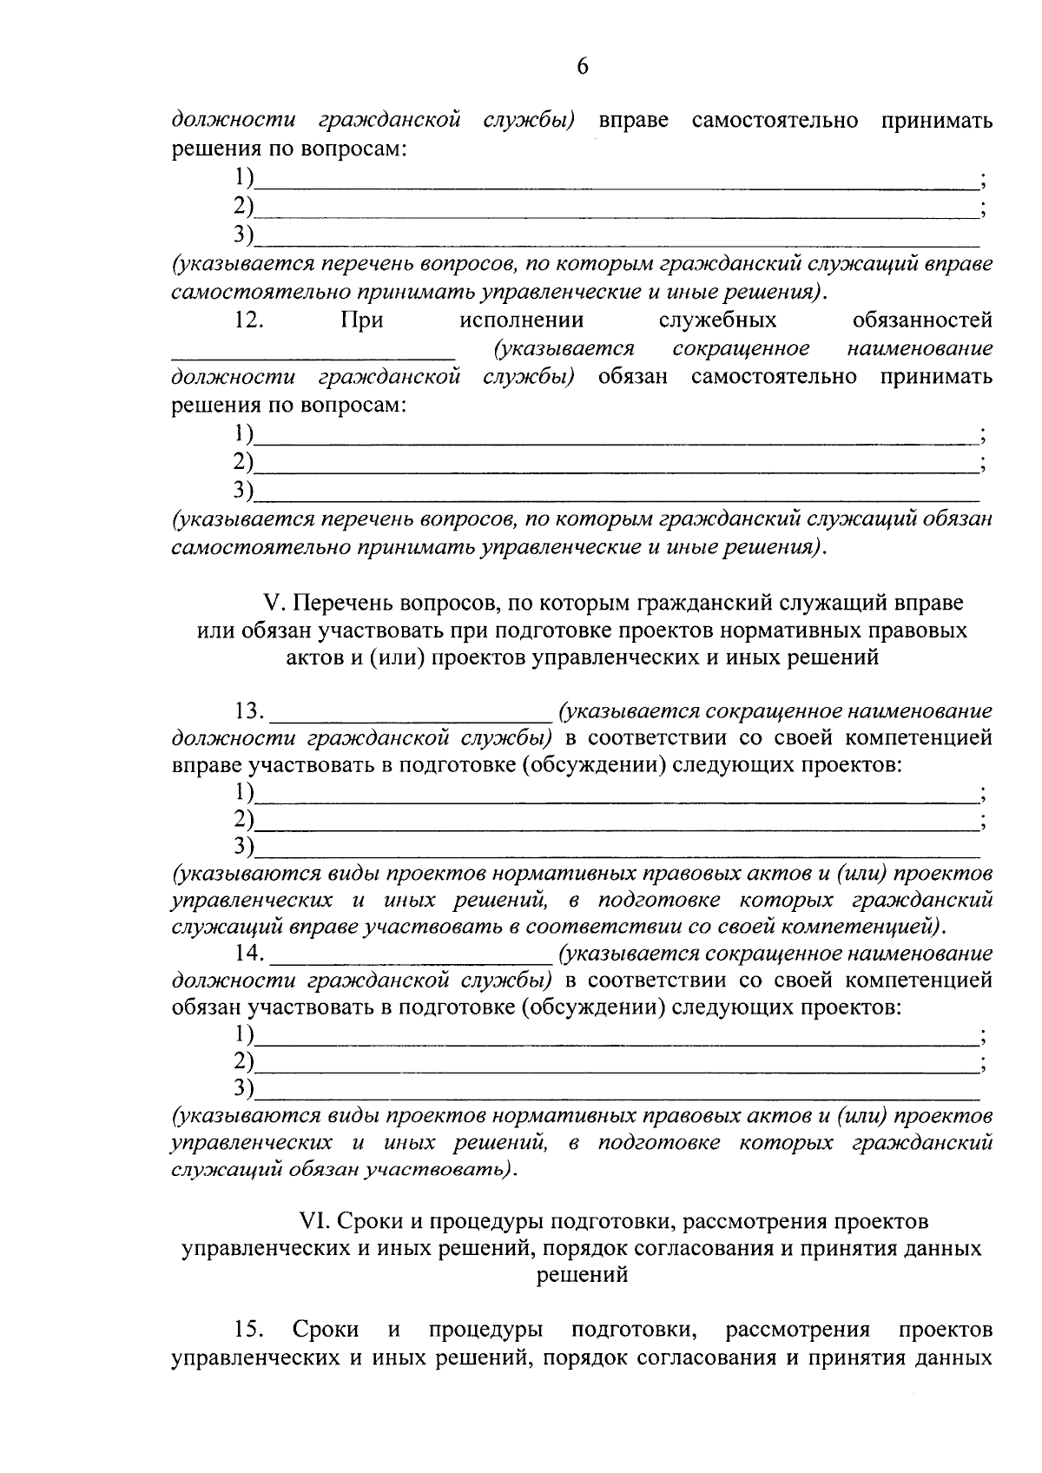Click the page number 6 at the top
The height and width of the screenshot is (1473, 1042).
582,67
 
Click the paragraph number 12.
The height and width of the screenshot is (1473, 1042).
248,320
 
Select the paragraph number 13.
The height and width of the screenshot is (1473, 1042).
248,711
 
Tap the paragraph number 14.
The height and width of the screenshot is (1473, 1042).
248,954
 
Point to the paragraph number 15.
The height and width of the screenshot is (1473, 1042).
248,1330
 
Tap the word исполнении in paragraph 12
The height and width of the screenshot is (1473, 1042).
521,320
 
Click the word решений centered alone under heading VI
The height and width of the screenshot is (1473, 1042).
582,1276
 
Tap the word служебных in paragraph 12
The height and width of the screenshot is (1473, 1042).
717,320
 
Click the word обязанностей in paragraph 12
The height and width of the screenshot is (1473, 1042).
922,320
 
